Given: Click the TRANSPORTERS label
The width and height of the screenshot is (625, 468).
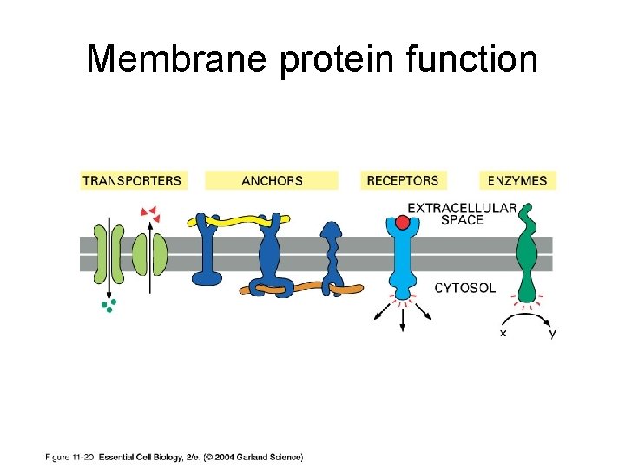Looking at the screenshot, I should coord(132,181).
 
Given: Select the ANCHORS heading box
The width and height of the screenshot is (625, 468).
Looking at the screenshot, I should coord(272,181).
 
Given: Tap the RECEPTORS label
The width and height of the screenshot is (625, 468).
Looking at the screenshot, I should coord(403,181).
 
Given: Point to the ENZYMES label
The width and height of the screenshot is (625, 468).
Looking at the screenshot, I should coord(517,181).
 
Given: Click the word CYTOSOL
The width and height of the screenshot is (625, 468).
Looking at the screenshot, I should coord(465,288).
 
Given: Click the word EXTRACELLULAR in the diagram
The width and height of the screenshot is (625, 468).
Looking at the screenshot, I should coord(462,208).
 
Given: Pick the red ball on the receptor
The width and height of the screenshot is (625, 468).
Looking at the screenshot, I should coord(402,223).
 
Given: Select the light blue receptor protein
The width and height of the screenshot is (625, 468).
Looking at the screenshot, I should coord(402,264).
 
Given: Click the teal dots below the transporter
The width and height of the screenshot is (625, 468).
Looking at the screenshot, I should coord(108,304).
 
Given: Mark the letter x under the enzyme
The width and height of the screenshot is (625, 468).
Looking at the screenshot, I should coord(503,334).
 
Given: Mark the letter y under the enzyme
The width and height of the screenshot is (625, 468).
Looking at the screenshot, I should coord(553,334).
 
